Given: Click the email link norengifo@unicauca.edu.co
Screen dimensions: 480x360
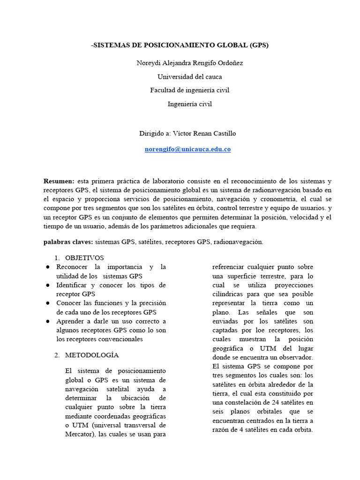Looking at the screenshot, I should pyautogui.click(x=187, y=149).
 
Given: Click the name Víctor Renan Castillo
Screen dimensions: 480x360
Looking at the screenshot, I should pyautogui.click(x=204, y=133).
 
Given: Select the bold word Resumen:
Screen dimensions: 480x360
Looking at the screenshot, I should pyautogui.click(x=59, y=181).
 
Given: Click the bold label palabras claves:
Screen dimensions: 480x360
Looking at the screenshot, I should pyautogui.click(x=68, y=242).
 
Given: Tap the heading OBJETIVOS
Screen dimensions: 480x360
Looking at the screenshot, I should pyautogui.click(x=84, y=258).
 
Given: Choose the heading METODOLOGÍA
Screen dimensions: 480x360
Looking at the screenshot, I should pyautogui.click(x=92, y=355).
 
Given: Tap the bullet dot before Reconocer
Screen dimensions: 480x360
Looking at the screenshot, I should pyautogui.click(x=48, y=267).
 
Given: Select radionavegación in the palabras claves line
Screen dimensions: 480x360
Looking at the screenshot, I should pyautogui.click(x=239, y=242).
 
